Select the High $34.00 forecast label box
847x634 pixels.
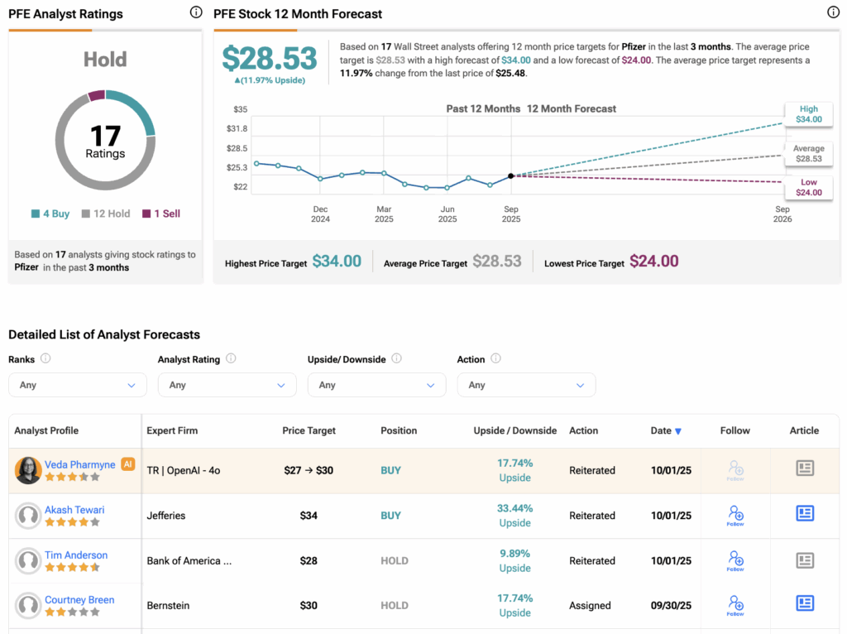tap(808, 114)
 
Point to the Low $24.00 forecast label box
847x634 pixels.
tap(808, 187)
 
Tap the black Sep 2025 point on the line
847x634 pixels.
tap(510, 175)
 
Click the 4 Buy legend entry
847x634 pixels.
tap(50, 214)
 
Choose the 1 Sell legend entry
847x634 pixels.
tap(161, 214)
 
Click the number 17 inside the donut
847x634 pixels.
tap(105, 135)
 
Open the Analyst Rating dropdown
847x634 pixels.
tap(227, 385)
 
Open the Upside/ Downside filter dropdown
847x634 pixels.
tap(376, 385)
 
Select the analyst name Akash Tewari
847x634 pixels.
tap(74, 510)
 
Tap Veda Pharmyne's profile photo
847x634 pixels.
tap(28, 470)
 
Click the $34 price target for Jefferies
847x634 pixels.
tap(309, 516)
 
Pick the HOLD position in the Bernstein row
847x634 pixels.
tap(395, 605)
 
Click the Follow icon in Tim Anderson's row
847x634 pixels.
tap(735, 560)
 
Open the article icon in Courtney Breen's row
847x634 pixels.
tap(805, 603)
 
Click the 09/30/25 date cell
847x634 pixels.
tap(671, 605)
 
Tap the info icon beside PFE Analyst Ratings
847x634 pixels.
tap(196, 12)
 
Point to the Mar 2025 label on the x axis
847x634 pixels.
tap(384, 214)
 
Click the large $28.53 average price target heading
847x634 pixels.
tap(270, 58)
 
